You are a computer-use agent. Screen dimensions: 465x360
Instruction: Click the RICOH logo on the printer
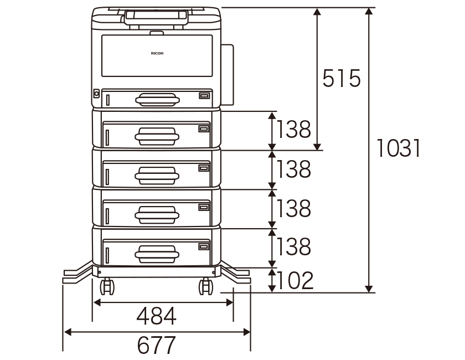(157, 53)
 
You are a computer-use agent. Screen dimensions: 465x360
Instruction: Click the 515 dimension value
(342, 78)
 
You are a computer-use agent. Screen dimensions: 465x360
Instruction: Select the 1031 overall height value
(398, 148)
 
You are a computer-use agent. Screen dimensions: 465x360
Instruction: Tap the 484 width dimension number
(156, 316)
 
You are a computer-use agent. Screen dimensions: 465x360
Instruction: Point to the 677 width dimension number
(156, 345)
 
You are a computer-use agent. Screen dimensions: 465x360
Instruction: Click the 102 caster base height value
(294, 280)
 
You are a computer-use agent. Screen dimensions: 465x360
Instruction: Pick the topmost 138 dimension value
(293, 130)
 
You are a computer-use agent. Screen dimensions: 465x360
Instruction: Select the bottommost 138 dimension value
(293, 246)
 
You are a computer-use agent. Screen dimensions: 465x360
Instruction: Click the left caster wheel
(107, 286)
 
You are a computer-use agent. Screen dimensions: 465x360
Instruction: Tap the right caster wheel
(205, 286)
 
